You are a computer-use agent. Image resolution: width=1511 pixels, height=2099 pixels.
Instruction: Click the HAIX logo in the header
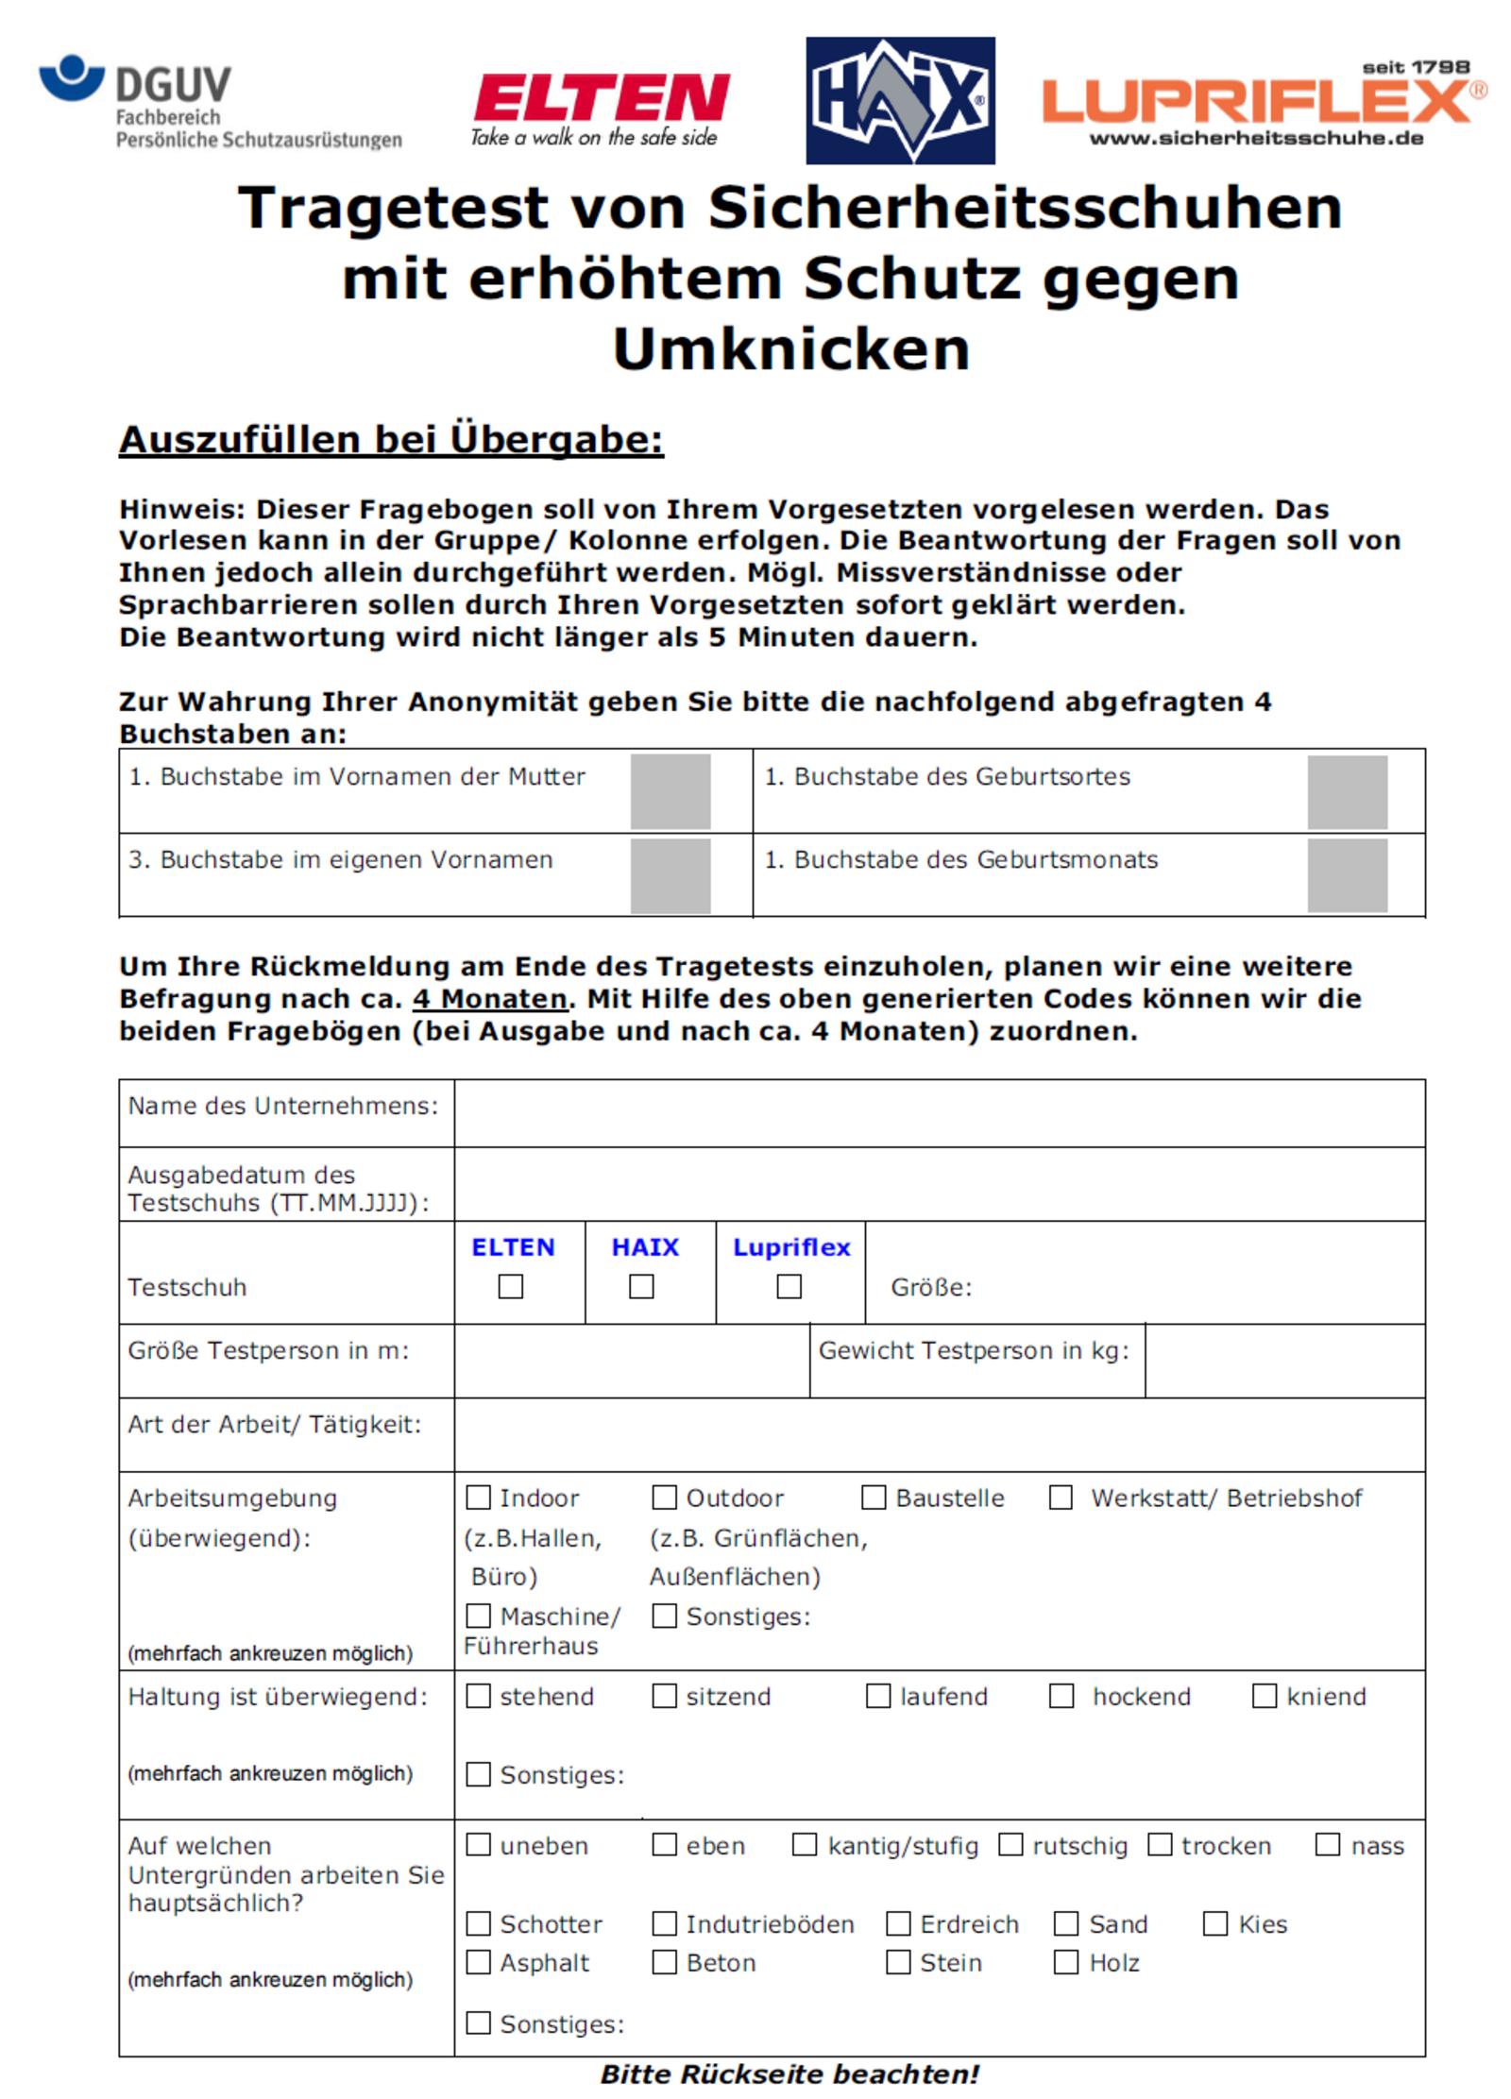[899, 100]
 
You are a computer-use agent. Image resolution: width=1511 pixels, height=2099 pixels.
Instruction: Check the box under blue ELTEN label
[510, 1286]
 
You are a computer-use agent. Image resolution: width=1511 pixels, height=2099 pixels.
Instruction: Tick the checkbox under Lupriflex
[789, 1286]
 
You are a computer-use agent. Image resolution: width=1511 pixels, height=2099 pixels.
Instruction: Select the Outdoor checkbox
[664, 1497]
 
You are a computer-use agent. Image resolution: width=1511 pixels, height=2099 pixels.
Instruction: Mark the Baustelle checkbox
[874, 1497]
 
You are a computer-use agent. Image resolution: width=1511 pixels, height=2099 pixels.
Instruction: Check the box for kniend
[1264, 1695]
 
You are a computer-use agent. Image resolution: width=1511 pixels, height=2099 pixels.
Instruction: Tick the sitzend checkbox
[664, 1695]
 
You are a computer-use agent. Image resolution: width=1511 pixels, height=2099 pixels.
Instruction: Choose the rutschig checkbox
[1010, 1844]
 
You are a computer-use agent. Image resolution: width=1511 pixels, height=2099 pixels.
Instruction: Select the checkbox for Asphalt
[479, 1962]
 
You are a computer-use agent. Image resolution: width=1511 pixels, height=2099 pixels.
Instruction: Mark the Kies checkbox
[1215, 1923]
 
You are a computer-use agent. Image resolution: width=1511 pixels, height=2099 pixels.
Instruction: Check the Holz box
[1066, 1962]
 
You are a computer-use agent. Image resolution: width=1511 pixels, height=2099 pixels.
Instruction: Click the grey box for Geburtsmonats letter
[1347, 875]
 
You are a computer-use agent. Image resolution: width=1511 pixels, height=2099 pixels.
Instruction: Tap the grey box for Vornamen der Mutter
[670, 791]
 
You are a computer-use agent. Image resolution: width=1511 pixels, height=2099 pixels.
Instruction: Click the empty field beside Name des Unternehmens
[939, 1112]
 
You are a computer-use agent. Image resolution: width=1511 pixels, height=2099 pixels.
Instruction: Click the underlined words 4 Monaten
[490, 998]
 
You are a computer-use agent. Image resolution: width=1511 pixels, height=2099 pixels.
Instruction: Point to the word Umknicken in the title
[791, 349]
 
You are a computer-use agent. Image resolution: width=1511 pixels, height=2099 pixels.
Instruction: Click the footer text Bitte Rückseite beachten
[789, 2074]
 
